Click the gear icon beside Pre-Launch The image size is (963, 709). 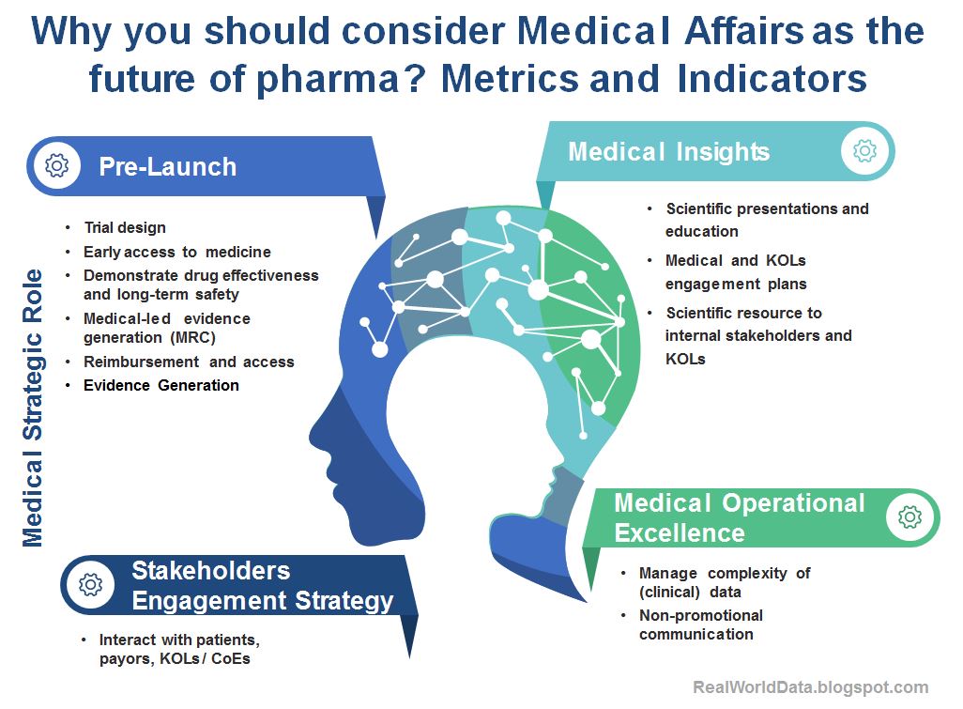point(56,166)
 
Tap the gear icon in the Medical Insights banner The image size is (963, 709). point(864,150)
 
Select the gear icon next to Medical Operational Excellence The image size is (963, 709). point(909,516)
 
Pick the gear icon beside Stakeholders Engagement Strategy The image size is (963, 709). point(90,584)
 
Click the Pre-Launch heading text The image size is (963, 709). point(168,167)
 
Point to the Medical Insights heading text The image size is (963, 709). point(668,151)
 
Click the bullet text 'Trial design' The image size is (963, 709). point(124,227)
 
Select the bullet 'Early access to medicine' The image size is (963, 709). point(176,252)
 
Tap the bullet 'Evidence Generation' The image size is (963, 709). point(160,385)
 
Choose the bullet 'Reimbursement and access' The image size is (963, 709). point(188,362)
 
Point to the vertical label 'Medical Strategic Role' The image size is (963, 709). point(33,408)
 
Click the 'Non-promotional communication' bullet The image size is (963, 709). point(700,624)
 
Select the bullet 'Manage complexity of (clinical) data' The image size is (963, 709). point(724,582)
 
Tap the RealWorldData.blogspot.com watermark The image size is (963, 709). point(811,687)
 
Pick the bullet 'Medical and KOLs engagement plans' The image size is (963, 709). point(735,271)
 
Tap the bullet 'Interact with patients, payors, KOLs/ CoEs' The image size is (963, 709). point(178,649)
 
